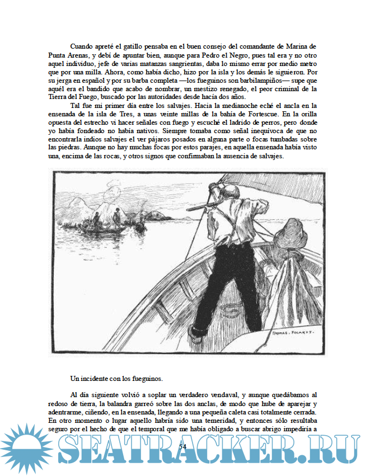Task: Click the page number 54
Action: click(x=182, y=446)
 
